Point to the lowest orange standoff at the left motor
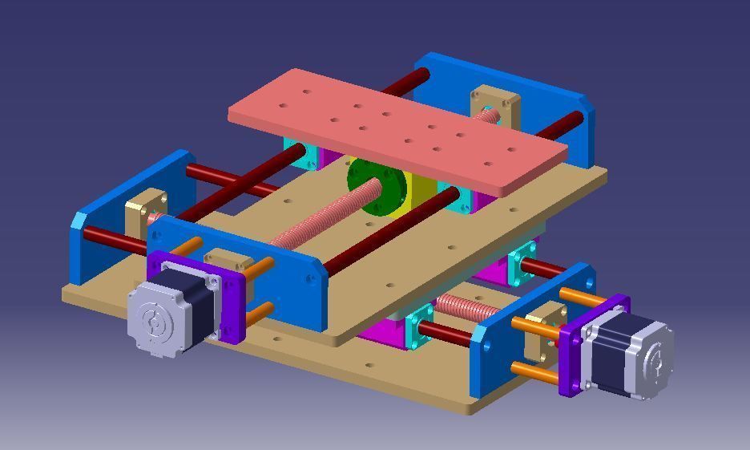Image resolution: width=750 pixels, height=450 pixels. (x=259, y=314)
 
